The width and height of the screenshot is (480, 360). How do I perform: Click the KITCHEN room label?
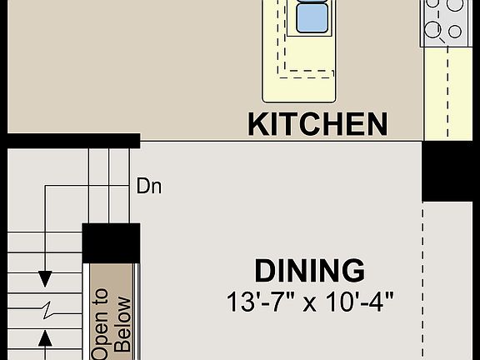[x=317, y=124]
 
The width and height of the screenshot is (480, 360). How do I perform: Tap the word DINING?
[x=309, y=271]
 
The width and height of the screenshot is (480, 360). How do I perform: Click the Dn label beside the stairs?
[x=148, y=186]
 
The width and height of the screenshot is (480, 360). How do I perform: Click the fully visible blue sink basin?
[x=313, y=17]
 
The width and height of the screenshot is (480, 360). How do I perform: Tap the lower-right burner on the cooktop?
[x=455, y=32]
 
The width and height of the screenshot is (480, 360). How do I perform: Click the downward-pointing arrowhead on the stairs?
[x=46, y=277]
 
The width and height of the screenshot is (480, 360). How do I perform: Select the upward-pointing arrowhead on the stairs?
[x=46, y=337]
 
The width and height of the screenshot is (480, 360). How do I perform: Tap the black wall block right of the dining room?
[x=451, y=171]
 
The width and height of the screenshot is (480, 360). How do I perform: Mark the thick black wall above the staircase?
[x=70, y=140]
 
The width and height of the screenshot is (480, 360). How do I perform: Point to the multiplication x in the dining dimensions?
[x=310, y=302]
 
